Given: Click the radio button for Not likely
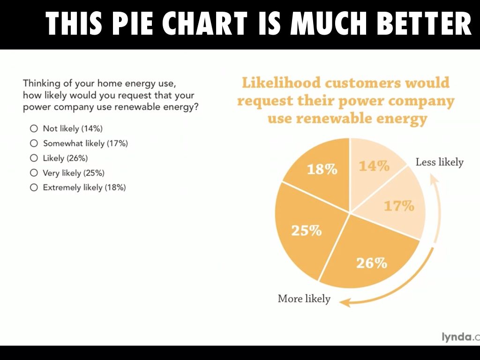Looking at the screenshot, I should pos(33,128).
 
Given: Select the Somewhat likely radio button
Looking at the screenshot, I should pos(33,143).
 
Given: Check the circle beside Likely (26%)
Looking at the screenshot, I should pos(33,158).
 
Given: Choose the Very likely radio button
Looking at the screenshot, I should pos(33,173).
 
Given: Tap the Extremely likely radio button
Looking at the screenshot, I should pos(33,187).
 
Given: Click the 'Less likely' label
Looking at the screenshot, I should pos(439,162).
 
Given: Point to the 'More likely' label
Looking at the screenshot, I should pos(304,299).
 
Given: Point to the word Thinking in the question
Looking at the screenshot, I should pos(41,83).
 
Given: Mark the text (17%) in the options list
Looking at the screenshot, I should pos(117,143).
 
